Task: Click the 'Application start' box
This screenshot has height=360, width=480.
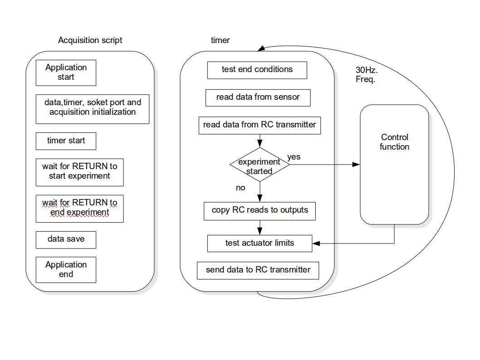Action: [x=66, y=73]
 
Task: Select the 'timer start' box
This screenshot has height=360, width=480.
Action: [x=66, y=141]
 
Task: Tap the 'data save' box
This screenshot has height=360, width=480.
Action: [x=66, y=239]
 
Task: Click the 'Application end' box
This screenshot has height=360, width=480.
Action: [x=66, y=270]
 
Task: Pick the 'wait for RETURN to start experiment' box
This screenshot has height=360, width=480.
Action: [x=79, y=172]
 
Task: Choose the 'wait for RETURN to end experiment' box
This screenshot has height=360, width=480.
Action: [x=79, y=208]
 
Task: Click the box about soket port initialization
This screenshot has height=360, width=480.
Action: [x=93, y=108]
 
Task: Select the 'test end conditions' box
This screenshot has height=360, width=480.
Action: [x=257, y=70]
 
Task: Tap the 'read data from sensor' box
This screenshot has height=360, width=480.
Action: [x=258, y=97]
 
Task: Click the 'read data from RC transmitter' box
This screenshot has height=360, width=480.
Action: [x=260, y=125]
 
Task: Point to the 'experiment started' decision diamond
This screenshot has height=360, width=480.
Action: [x=260, y=165]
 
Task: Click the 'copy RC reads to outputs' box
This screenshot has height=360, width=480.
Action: [x=260, y=211]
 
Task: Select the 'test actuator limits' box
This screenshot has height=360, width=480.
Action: [x=260, y=243]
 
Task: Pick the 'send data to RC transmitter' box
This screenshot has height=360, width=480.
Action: [x=258, y=270]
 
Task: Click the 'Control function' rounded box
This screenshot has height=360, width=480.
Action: [x=394, y=165]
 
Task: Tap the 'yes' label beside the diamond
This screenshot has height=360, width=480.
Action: [x=294, y=157]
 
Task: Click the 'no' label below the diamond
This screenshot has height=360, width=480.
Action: [x=240, y=188]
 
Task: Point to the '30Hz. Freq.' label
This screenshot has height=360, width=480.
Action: [x=367, y=75]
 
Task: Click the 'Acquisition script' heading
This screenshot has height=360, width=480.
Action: [x=90, y=40]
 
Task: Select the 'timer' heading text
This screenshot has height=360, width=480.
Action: [x=220, y=40]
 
